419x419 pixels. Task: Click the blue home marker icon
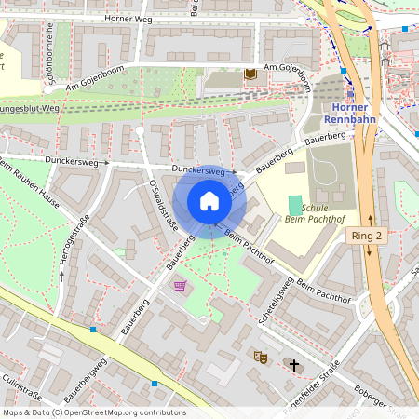tap(209, 201)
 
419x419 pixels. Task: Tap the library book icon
tap(249, 74)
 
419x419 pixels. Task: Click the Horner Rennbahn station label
tap(350, 113)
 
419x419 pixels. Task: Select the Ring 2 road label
tap(367, 237)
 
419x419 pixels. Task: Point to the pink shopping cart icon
tap(181, 286)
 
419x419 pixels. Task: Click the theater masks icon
tap(260, 357)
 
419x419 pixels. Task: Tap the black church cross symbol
tap(294, 365)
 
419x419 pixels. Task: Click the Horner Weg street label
tap(127, 18)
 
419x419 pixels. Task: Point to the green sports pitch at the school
tap(295, 204)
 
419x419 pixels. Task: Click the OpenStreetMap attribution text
tap(93, 412)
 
